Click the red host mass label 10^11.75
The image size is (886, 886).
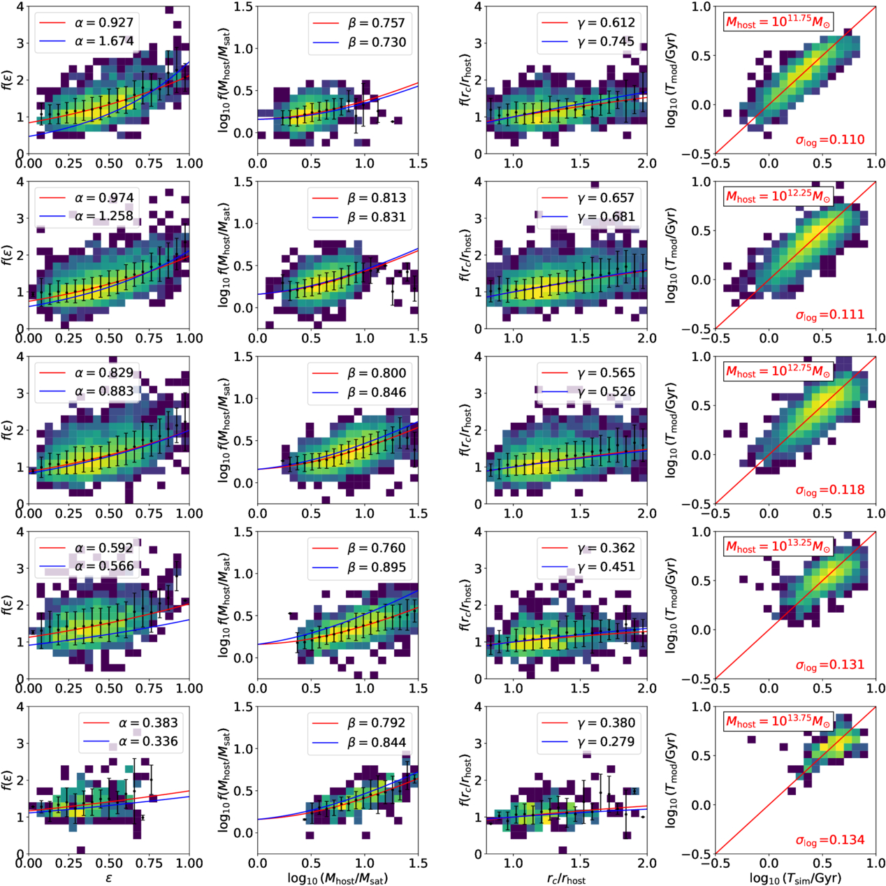coord(778,22)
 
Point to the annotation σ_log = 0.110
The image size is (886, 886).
coord(829,140)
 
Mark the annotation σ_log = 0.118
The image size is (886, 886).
coord(829,491)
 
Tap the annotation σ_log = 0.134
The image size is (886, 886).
coord(829,841)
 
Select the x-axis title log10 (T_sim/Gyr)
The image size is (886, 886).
coord(795,878)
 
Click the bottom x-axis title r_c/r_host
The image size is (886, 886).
coord(566,878)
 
